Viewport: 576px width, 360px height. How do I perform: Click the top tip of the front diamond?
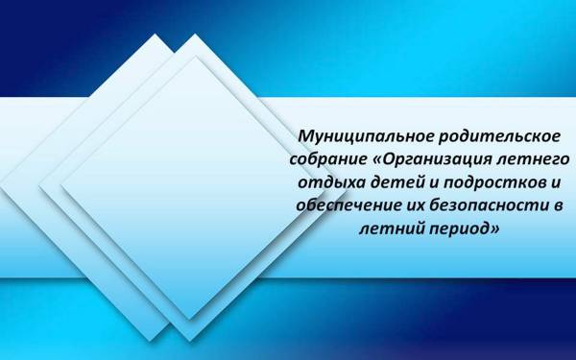coord(198,56)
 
